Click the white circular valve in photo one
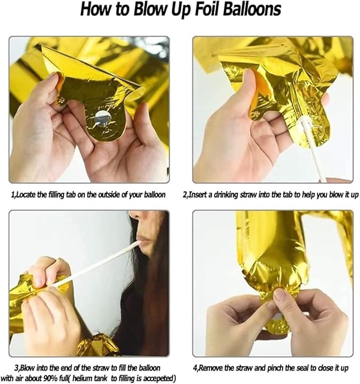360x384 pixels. [102, 118]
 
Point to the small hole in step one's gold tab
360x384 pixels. [62, 100]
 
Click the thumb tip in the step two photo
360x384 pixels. [249, 75]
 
